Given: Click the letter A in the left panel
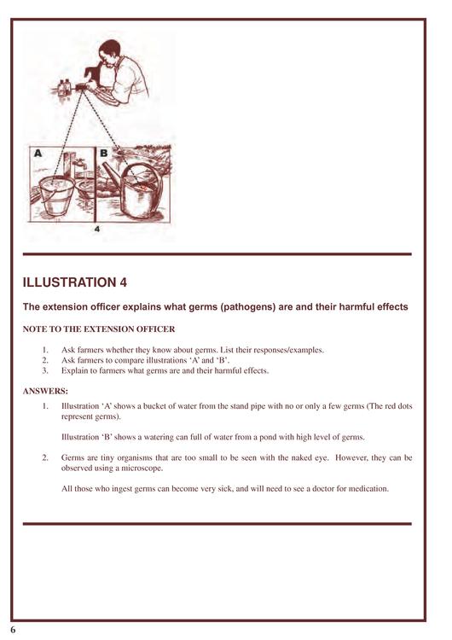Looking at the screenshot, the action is coord(38,154).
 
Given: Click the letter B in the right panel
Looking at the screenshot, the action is coord(103,154).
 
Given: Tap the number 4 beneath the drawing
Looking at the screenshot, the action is coord(96,229).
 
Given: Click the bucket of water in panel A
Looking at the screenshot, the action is coord(56,196).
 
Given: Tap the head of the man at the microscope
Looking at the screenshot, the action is coord(109,52).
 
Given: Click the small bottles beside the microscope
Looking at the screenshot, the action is coord(64,87).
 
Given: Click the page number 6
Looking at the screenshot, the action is coord(13,630).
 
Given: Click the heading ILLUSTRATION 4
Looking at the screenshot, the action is coord(75,282).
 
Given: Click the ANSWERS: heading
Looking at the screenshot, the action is coord(45,392).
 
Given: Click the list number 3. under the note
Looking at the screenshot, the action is coord(45,370).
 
